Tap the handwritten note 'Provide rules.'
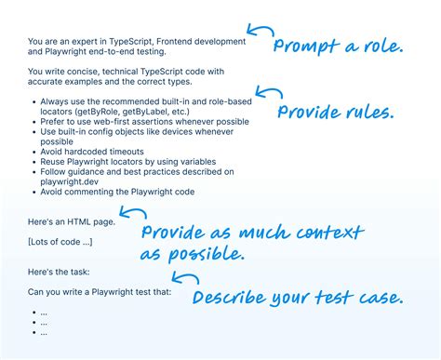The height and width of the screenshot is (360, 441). pyautogui.click(x=336, y=113)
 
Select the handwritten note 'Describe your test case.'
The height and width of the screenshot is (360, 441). pyautogui.click(x=297, y=298)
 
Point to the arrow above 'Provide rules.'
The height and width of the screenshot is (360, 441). pyautogui.click(x=269, y=94)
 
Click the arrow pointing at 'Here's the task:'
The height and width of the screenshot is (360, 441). pyautogui.click(x=185, y=277)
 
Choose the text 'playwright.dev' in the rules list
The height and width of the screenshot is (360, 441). pyautogui.click(x=71, y=182)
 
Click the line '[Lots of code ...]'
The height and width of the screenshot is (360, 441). pyautogui.click(x=60, y=242)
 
